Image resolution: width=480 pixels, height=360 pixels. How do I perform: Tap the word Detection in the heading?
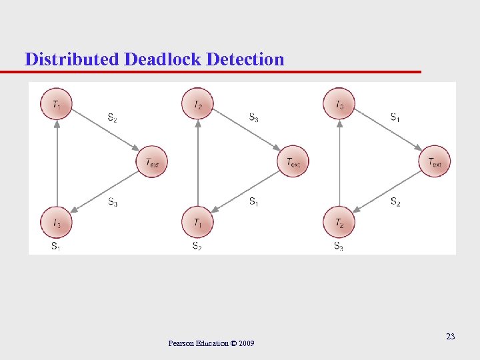[x=245, y=59]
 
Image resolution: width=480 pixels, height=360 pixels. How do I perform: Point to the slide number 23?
[x=451, y=337]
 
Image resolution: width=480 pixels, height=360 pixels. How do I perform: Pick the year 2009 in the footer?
[x=245, y=343]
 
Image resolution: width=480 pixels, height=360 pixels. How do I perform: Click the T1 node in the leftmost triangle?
[x=57, y=104]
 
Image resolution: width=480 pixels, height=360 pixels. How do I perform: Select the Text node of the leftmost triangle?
[x=152, y=161]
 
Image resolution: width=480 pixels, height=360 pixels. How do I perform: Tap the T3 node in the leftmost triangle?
[x=57, y=222]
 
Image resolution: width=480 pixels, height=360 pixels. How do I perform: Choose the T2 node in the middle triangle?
[x=198, y=104]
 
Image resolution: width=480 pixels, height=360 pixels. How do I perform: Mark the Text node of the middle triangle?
[x=293, y=161]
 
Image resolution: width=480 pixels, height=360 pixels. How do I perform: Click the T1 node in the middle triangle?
[x=198, y=222]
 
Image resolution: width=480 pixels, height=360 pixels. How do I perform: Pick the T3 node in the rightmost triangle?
[x=339, y=104]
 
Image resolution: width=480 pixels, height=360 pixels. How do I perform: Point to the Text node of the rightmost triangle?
[x=435, y=161]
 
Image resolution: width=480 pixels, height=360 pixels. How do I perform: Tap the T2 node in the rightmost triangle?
[x=339, y=222]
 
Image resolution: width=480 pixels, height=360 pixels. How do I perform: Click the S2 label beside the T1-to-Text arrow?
[x=113, y=118]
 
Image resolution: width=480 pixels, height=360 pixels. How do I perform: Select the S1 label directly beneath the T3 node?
[x=56, y=246]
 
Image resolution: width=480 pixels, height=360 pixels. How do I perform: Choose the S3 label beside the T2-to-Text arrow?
[x=254, y=118]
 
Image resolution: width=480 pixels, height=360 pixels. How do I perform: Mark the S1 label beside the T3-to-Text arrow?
[x=395, y=118]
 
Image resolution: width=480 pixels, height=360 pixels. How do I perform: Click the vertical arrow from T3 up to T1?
[x=57, y=163]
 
